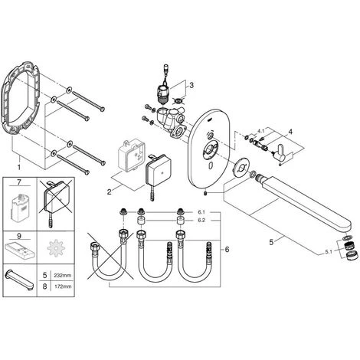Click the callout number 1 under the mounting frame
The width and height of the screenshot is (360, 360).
(18, 168)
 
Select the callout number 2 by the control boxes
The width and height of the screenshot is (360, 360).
(110, 191)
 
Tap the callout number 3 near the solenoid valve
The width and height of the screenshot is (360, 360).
(191, 85)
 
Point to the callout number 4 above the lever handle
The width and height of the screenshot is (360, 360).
(290, 132)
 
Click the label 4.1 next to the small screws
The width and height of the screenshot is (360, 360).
(260, 131)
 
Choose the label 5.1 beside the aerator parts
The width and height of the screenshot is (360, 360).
(329, 252)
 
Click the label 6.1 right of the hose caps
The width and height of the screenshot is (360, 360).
(201, 212)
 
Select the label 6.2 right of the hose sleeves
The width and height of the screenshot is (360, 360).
(201, 221)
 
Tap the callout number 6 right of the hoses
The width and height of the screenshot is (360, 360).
(227, 249)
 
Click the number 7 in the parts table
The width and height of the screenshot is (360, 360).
(19, 182)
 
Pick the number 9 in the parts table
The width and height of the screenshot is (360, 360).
(19, 236)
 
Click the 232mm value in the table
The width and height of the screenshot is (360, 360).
(63, 276)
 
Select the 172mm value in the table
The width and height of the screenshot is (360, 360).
(63, 286)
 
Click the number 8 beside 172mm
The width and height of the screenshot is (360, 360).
(45, 286)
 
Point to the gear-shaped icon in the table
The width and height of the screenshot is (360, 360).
(55, 247)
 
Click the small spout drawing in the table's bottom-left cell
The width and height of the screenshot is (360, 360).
(20, 280)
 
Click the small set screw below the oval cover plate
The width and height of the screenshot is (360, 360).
(206, 195)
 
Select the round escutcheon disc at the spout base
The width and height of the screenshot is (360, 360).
(240, 168)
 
